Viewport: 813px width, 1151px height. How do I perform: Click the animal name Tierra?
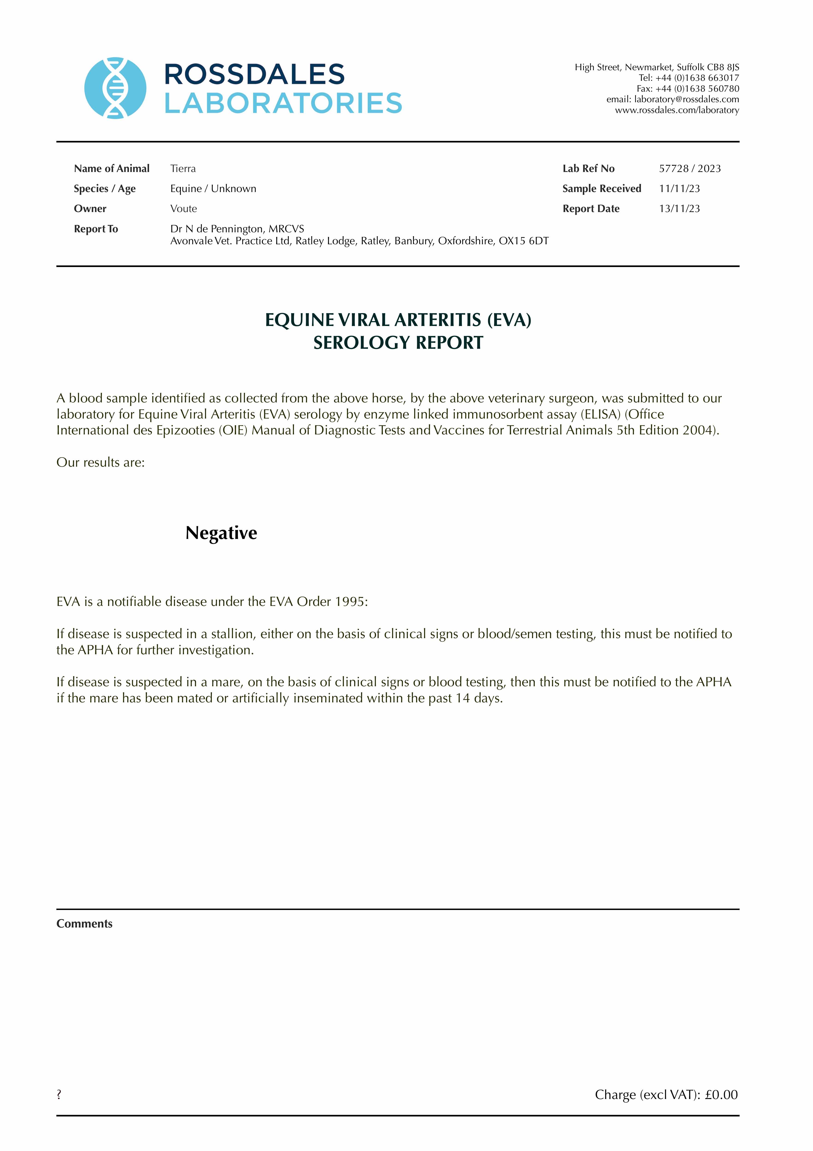point(183,169)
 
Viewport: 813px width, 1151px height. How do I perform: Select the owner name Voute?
point(183,209)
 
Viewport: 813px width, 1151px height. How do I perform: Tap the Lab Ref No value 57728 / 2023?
point(690,169)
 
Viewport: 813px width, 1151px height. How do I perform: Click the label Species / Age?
point(105,189)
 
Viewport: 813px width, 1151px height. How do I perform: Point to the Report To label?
point(96,229)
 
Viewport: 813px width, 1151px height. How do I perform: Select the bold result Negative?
point(221,533)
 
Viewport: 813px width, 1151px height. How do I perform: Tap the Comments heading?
point(84,924)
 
